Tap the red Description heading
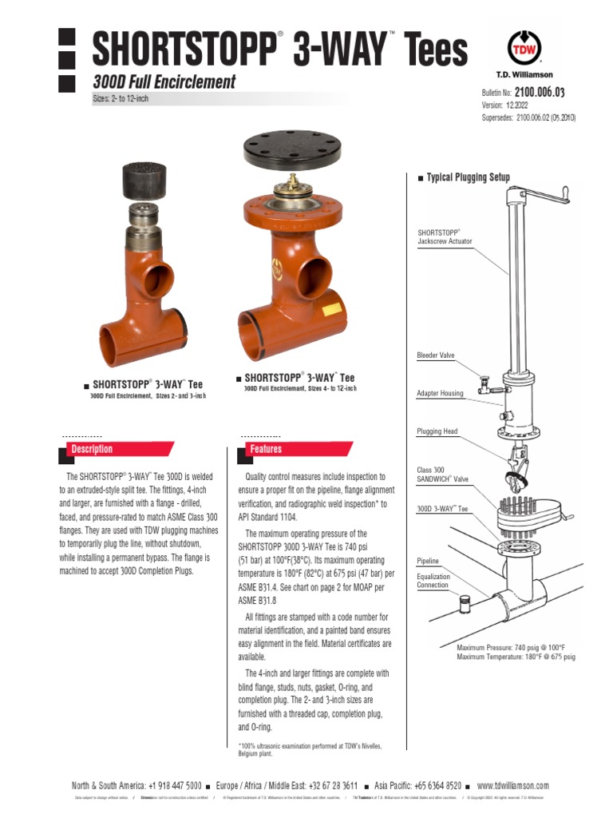pos(92,449)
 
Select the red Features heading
pos(266,449)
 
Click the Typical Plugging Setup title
pos(468,177)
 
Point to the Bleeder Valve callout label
pos(435,355)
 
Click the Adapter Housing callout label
pos(440,393)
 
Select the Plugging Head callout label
pos(437,431)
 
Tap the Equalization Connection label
pos(433,581)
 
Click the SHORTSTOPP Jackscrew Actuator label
pos(445,236)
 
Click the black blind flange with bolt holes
pos(291,148)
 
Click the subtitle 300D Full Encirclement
pos(164,81)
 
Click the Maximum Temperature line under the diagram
pos(515,657)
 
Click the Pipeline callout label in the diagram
pos(428,562)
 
